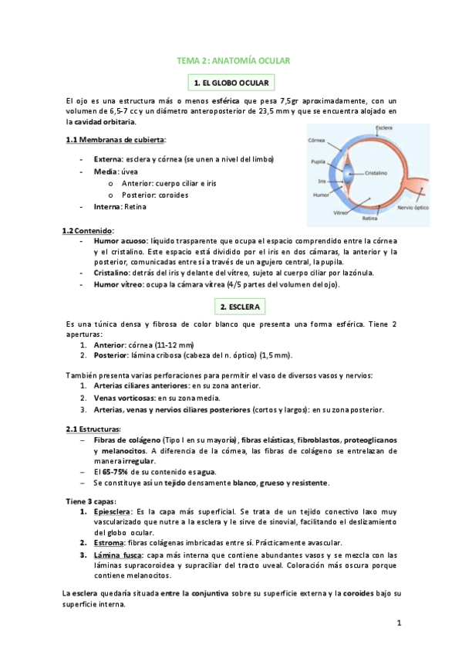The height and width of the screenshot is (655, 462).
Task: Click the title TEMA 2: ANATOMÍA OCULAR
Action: pos(232,59)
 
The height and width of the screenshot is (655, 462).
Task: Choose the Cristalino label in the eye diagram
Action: pos(375,173)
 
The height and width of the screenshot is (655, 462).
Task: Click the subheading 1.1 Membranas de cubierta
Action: pos(116,139)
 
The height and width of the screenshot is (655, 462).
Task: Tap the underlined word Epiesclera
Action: pos(112,512)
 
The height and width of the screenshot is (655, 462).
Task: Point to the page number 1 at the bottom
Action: pos(400,623)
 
